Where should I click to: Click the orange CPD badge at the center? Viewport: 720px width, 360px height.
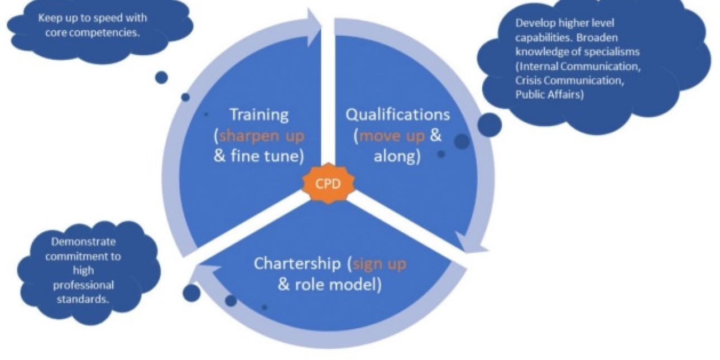coord(328,184)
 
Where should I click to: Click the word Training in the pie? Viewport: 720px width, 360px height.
coord(259,115)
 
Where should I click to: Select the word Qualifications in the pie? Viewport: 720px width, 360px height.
coord(397,115)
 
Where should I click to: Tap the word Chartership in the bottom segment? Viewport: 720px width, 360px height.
coord(297,263)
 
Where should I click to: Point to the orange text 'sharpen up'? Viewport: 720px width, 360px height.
coord(262,136)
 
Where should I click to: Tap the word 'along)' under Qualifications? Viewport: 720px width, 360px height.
coord(397,157)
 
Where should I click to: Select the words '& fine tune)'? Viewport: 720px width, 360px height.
coord(259,157)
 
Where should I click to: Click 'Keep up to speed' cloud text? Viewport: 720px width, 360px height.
coord(93,18)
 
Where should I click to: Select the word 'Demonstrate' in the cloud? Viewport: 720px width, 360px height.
coord(83,242)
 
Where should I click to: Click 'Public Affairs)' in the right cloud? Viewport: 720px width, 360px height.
coord(549,94)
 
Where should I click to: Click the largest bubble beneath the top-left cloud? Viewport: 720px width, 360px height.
coord(161,77)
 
